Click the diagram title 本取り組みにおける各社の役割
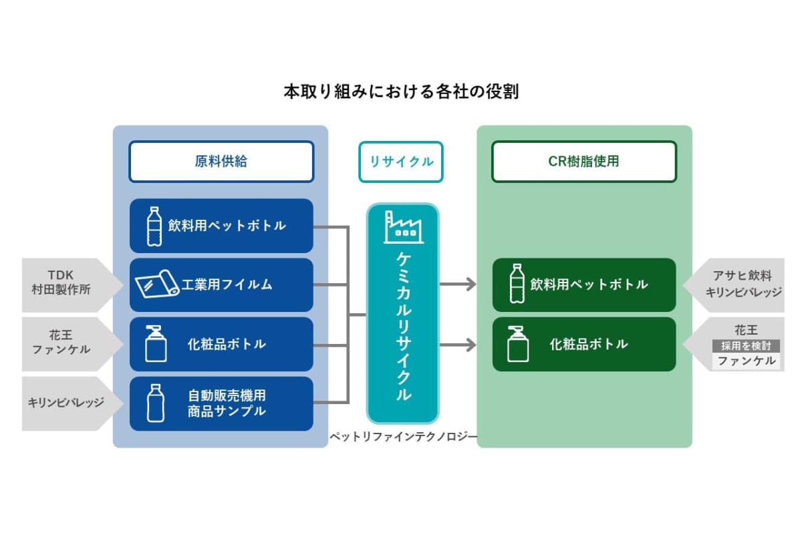[x=401, y=92]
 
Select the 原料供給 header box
[x=221, y=162]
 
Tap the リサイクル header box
[x=401, y=162]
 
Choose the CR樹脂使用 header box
[x=584, y=162]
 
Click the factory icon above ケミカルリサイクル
[x=403, y=227]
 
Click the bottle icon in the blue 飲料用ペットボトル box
[x=154, y=226]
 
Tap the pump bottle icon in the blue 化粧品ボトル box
[x=155, y=344]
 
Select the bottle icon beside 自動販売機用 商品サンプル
[x=155, y=403]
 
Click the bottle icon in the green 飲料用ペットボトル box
[x=517, y=285]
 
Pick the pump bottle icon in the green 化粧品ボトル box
[x=517, y=344]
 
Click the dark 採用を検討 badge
[x=746, y=346]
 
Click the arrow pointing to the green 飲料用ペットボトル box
[x=458, y=285]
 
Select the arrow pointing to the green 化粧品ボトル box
[x=458, y=345]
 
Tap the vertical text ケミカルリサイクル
[x=403, y=327]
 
